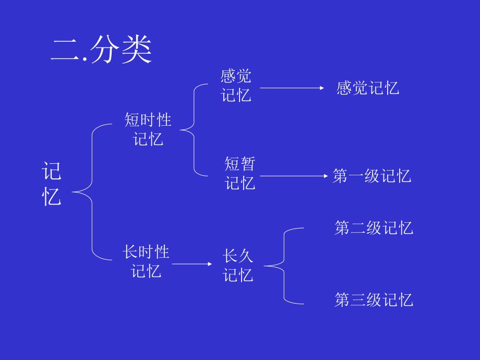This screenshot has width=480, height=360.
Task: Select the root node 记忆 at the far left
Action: pyautogui.click(x=52, y=184)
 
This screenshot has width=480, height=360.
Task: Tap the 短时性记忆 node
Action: pyautogui.click(x=148, y=129)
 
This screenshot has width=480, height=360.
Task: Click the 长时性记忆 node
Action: pyautogui.click(x=147, y=262)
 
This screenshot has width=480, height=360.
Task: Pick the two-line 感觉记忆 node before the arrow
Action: pyautogui.click(x=236, y=86)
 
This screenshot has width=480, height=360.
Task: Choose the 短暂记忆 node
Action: pyautogui.click(x=240, y=174)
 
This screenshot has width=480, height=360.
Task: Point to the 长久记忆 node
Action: pyautogui.click(x=238, y=266)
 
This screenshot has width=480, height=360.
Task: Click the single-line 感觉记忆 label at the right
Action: pyautogui.click(x=368, y=88)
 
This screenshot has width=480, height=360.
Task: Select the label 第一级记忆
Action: pyautogui.click(x=372, y=176)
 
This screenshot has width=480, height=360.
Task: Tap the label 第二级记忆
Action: pyautogui.click(x=374, y=228)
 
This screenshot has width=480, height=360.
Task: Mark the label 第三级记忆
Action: pyautogui.click(x=374, y=299)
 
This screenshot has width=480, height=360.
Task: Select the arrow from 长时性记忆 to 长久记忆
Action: pyautogui.click(x=192, y=264)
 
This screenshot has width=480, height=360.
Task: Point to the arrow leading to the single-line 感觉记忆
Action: pyautogui.click(x=292, y=88)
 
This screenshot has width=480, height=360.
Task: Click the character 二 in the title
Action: pyautogui.click(x=64, y=51)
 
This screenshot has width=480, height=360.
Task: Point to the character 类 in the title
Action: pyautogui.click(x=137, y=51)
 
